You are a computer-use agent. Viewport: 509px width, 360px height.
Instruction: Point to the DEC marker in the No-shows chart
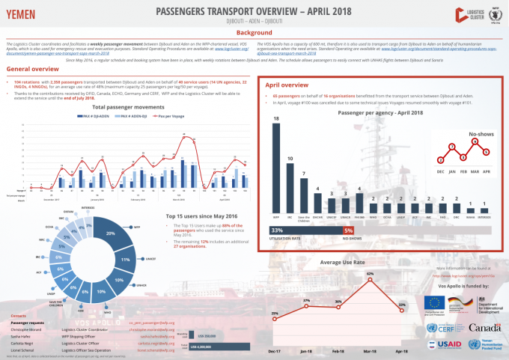point(440,159)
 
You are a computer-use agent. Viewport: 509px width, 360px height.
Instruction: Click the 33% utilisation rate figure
point(276,231)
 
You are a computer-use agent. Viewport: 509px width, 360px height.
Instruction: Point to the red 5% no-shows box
point(347,231)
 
